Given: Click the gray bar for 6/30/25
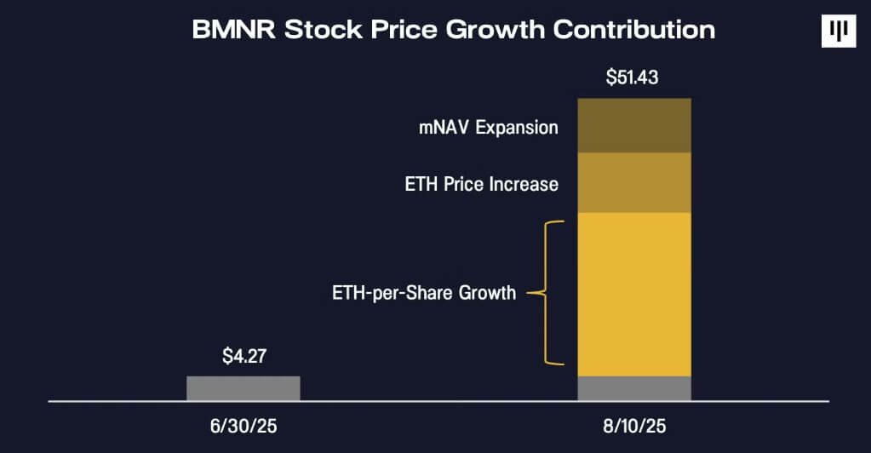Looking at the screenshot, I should point(243,387).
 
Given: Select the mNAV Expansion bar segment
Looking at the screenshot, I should point(633,125).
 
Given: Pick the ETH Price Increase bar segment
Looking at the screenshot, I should point(633,182).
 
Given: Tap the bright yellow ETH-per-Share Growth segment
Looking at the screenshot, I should point(633,294).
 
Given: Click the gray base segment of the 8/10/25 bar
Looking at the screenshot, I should point(633,387).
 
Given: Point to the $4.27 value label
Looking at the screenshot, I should point(243,356).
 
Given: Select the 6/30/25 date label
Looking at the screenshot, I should point(243,423).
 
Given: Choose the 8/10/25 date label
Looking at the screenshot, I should point(633,423).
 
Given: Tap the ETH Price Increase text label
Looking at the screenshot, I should point(482,184).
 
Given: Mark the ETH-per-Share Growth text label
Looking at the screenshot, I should point(424,294).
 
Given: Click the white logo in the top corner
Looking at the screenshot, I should point(838,32).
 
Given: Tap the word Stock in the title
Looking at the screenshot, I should point(322,30).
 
